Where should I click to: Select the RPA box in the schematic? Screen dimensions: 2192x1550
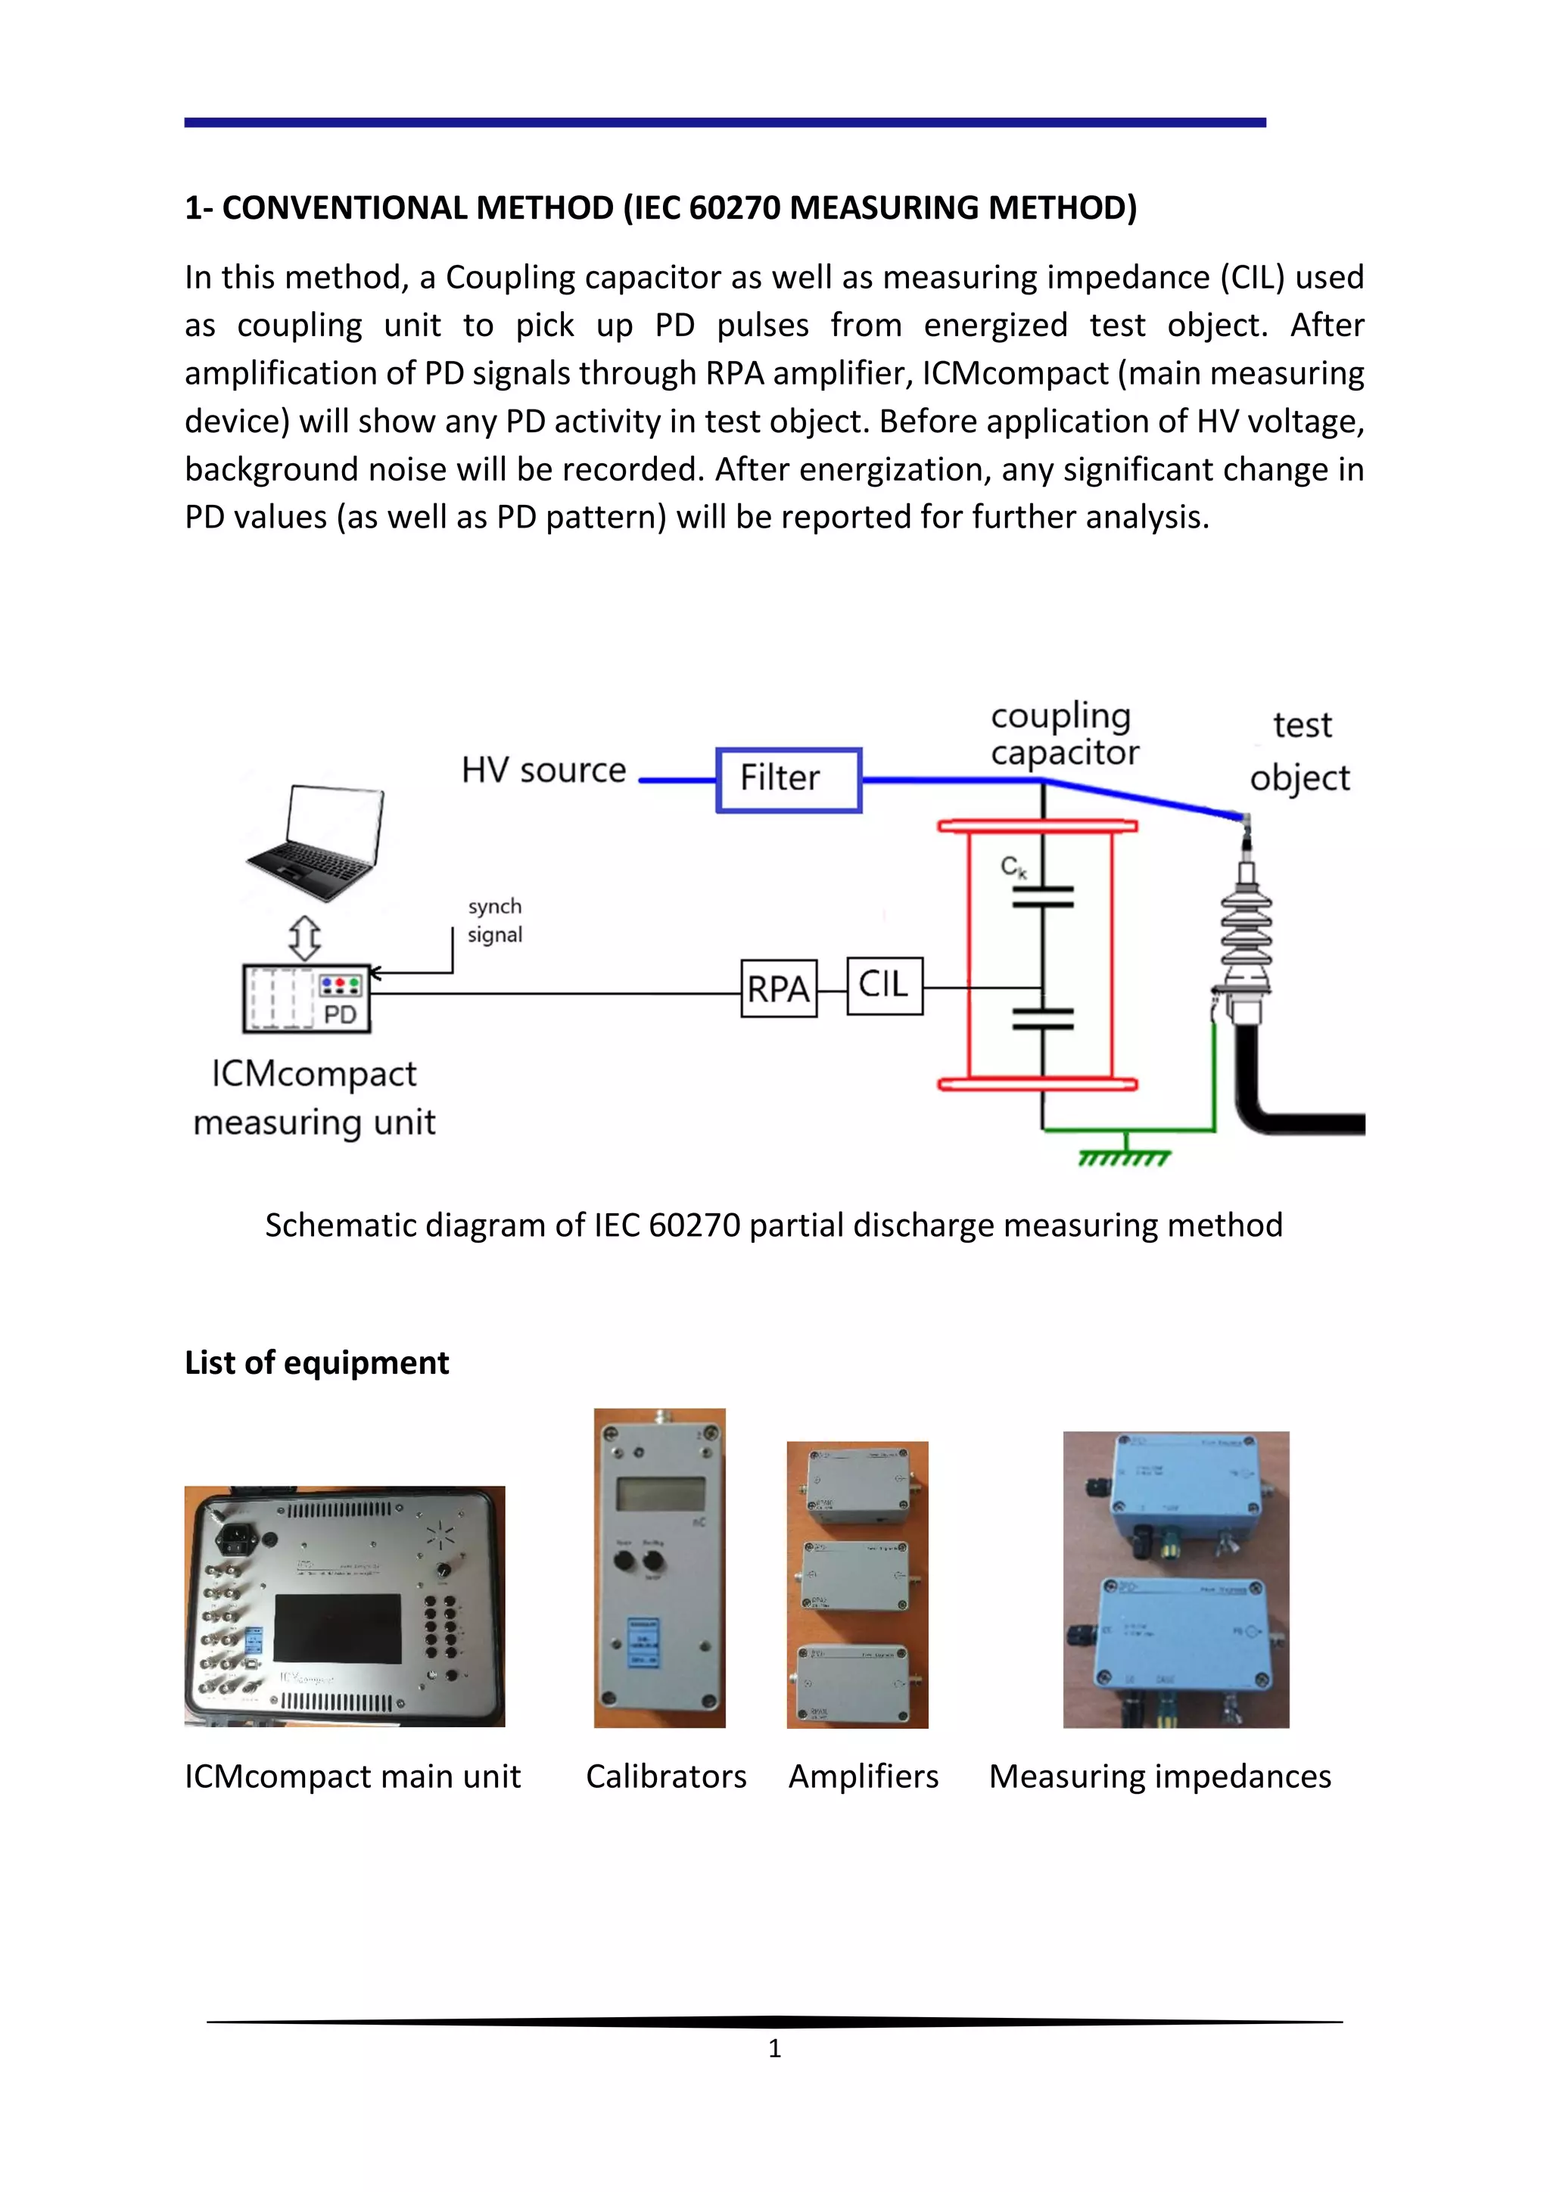(x=779, y=988)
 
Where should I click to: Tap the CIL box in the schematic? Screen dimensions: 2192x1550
(x=885, y=985)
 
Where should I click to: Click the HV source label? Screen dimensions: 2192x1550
(x=543, y=770)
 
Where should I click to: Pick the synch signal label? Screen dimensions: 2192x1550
(x=494, y=920)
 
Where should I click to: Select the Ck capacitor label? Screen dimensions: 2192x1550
(x=1013, y=867)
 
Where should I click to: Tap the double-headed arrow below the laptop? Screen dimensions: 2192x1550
(x=304, y=939)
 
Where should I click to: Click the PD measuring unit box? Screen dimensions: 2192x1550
(x=307, y=998)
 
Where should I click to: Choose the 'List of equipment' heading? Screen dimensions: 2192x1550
(x=317, y=1362)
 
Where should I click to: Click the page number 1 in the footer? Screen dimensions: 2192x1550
(x=774, y=2048)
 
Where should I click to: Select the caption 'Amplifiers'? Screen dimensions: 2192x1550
(x=863, y=1776)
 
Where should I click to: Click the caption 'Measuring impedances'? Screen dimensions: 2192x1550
(x=1159, y=1776)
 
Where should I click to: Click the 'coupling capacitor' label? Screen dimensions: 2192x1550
(x=1064, y=733)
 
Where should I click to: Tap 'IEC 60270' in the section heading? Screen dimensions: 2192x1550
(x=707, y=207)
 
